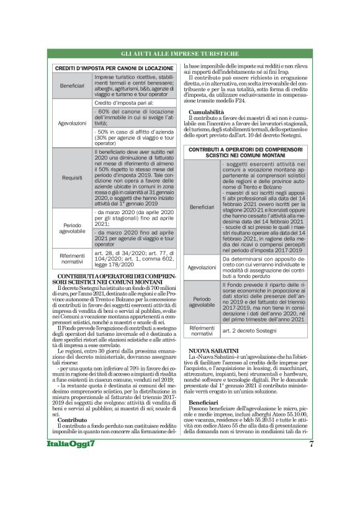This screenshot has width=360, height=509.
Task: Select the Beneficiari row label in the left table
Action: coord(72,84)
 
